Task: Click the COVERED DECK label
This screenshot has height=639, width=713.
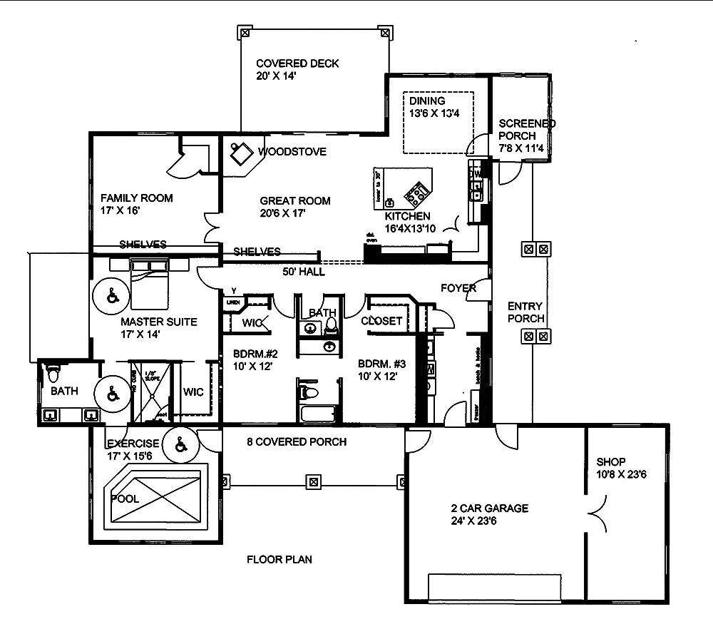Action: pyautogui.click(x=297, y=63)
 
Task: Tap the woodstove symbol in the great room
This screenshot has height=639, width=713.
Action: pyautogui.click(x=240, y=152)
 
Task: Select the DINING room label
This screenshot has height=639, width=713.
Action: pyautogui.click(x=427, y=101)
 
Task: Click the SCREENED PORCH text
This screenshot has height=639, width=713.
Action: pyautogui.click(x=527, y=129)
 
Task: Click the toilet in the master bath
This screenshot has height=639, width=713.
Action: pyautogui.click(x=53, y=374)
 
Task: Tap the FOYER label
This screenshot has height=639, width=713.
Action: pyautogui.click(x=458, y=288)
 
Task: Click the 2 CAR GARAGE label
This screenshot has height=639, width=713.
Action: pyautogui.click(x=489, y=508)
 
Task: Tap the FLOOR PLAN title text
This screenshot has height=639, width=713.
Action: pyautogui.click(x=279, y=559)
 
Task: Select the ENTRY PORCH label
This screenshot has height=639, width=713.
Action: pyautogui.click(x=525, y=312)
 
